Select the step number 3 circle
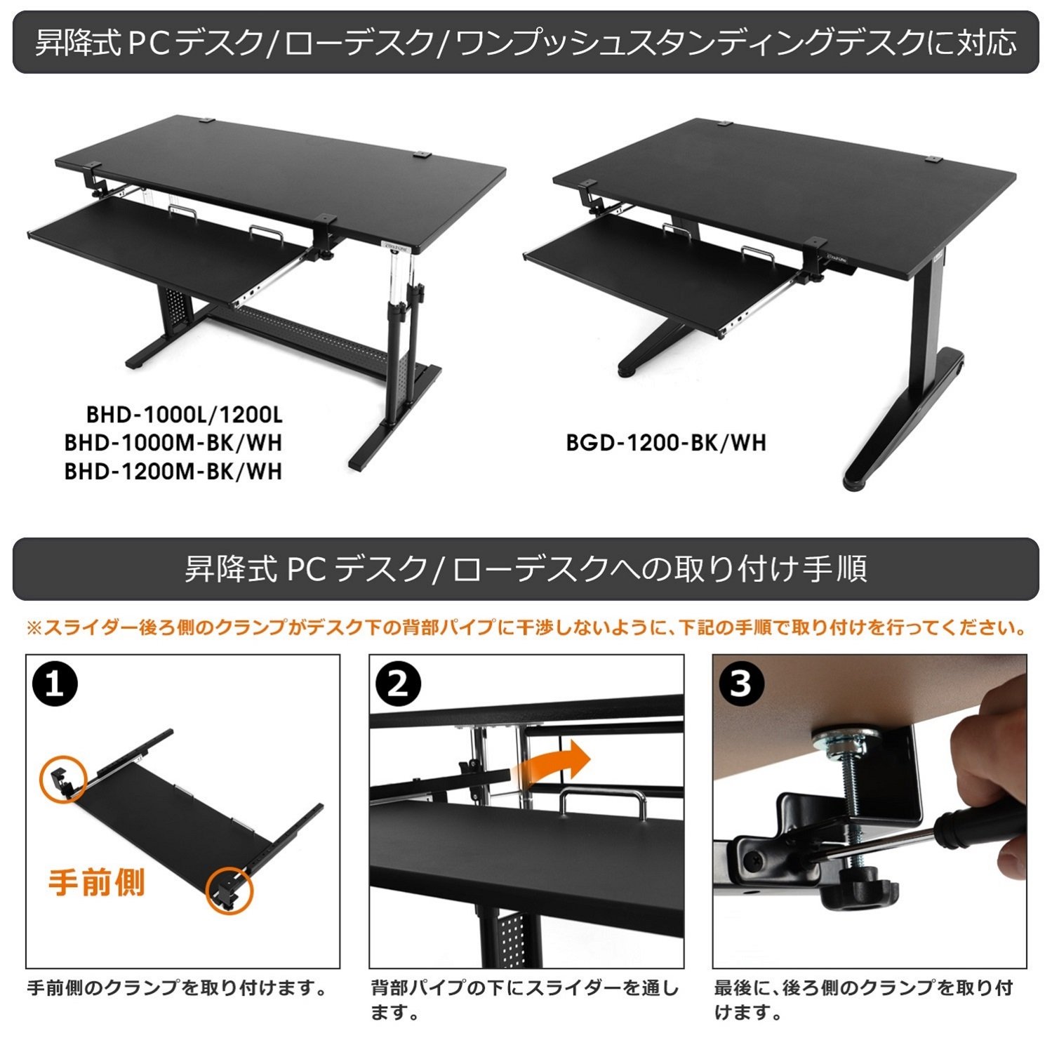(x=741, y=684)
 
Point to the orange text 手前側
(x=96, y=882)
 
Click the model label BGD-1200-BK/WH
(x=665, y=444)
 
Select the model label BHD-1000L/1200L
(x=184, y=415)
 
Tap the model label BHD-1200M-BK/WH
(x=173, y=471)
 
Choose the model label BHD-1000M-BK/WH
(x=173, y=443)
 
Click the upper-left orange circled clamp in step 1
(x=62, y=778)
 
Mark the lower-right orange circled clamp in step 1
(x=229, y=889)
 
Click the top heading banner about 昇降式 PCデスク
(x=526, y=43)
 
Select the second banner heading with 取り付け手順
(x=526, y=568)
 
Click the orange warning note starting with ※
(x=526, y=627)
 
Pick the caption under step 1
(x=177, y=988)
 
